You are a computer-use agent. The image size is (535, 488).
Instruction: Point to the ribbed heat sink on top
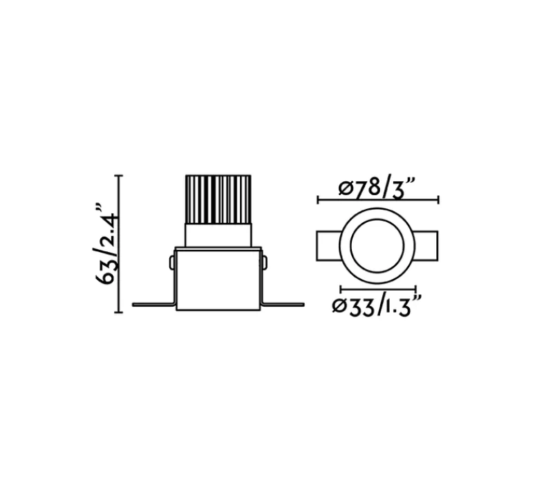[x=218, y=199]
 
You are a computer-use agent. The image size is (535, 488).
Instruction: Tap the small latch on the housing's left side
[x=172, y=263]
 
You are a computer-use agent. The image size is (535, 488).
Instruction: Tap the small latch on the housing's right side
[x=264, y=262]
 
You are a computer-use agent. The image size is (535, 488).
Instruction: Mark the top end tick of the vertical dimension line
[x=120, y=176]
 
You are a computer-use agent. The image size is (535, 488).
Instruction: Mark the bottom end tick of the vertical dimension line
[x=120, y=312]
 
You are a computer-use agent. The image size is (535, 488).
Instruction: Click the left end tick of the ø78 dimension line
[x=317, y=200]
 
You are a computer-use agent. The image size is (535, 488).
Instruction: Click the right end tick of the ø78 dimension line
[x=438, y=200]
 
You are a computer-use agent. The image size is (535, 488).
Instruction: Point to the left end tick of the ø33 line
[x=341, y=289]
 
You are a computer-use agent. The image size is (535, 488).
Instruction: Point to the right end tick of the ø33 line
[x=415, y=289]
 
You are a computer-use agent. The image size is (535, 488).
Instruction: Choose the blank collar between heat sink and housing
[x=218, y=235]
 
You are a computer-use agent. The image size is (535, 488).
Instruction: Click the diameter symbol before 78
[x=346, y=188]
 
